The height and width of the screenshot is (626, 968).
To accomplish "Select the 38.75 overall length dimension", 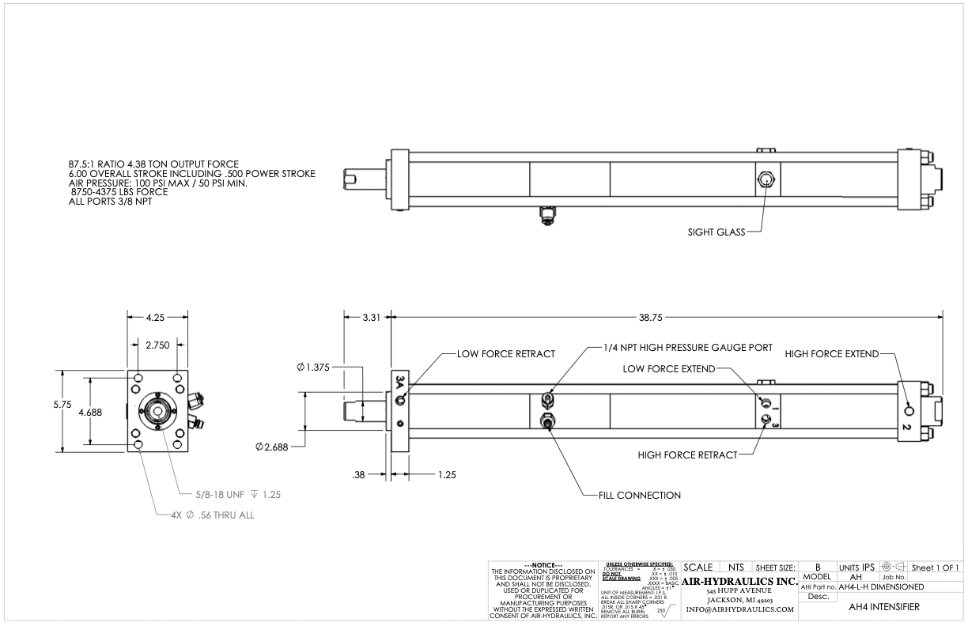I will tap(663, 317).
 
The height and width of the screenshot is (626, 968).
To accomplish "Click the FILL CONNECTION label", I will tap(633, 496).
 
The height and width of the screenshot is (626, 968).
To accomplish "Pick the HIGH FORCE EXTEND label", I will tap(831, 353).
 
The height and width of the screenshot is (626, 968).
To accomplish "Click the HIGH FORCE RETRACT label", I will tap(687, 454).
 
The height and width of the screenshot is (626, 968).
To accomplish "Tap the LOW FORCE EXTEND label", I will tap(669, 369).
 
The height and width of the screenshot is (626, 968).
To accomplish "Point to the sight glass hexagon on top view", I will tap(766, 180).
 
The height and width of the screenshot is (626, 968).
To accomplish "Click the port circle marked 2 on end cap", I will tap(909, 410).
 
